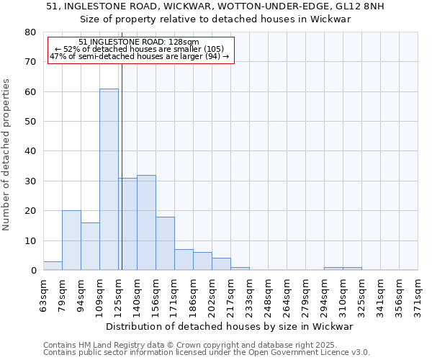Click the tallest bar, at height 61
[x=109, y=179]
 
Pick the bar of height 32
[x=146, y=222]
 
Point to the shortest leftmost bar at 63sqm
[x=53, y=266]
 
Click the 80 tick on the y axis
[x=30, y=32]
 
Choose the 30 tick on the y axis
[x=30, y=181]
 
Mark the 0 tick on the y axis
[x=33, y=271]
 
